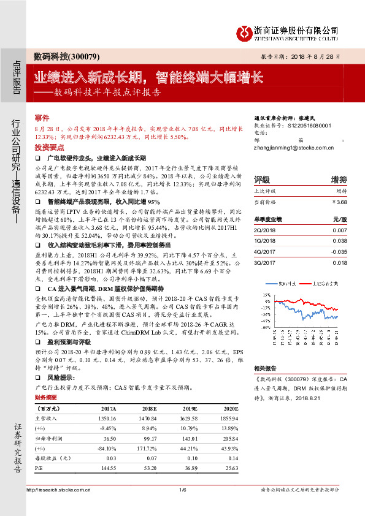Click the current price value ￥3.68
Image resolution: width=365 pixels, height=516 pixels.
coord(339,201)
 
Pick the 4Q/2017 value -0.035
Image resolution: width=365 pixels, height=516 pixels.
coord(339,251)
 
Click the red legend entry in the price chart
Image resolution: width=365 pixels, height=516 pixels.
coord(318,283)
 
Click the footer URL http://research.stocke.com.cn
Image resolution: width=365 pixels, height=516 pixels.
coord(58,490)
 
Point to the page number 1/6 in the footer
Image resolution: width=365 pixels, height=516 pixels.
coord(183,490)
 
